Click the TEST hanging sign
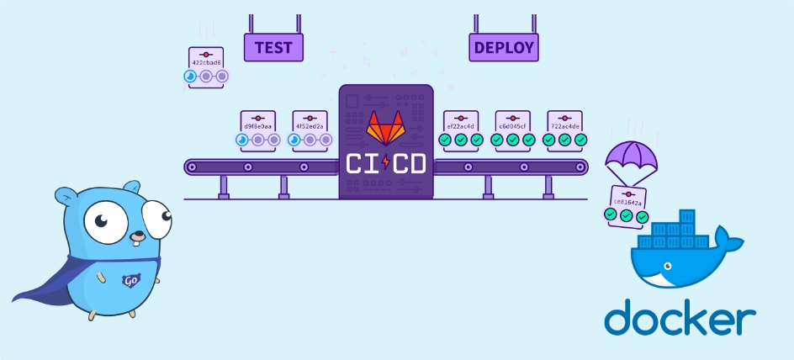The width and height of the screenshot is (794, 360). (273, 47)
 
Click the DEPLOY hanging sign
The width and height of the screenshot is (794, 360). (503, 47)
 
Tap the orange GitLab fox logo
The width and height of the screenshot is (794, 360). (385, 128)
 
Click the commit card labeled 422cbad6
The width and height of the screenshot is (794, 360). (206, 61)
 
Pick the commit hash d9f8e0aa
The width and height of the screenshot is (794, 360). (257, 126)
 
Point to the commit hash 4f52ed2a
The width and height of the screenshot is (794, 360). (310, 126)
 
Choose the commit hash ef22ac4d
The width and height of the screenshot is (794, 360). (461, 126)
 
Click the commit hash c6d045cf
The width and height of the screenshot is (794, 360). (512, 126)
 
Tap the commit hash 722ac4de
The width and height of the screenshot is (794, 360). (564, 126)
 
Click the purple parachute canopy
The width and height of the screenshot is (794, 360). (630, 155)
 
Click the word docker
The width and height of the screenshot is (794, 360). (679, 319)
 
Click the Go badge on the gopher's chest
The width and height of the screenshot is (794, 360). (130, 281)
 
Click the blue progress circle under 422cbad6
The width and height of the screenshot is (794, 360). (191, 77)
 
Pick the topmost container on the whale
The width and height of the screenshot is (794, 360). (681, 217)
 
